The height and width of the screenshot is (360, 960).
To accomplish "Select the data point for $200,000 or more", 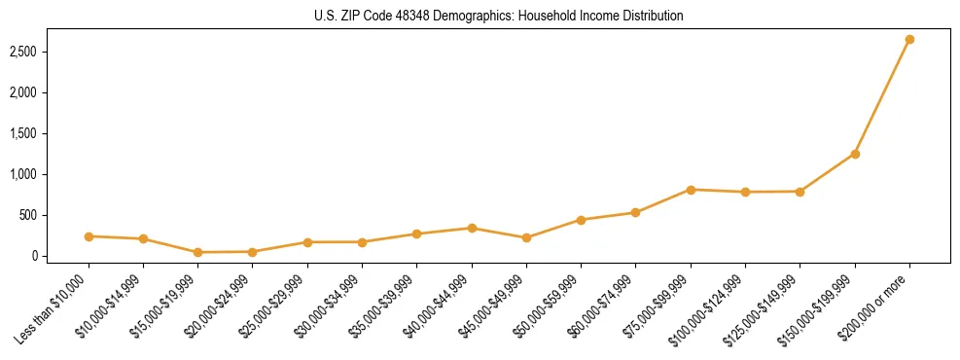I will click(909, 40).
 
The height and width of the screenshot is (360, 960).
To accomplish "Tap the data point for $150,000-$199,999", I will click(855, 154).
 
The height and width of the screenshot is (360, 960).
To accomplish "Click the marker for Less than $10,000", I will click(89, 236).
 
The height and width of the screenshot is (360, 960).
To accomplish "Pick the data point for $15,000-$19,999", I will click(197, 252).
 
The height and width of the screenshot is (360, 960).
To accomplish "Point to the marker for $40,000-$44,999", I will click(472, 228).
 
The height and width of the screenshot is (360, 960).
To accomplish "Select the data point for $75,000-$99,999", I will click(691, 190).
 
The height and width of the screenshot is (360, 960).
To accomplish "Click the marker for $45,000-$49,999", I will click(526, 237).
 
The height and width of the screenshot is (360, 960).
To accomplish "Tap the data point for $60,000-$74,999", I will click(635, 212).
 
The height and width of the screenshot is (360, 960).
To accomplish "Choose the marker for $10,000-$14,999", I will click(143, 238).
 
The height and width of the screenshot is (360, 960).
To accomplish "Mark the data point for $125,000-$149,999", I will click(800, 192).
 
